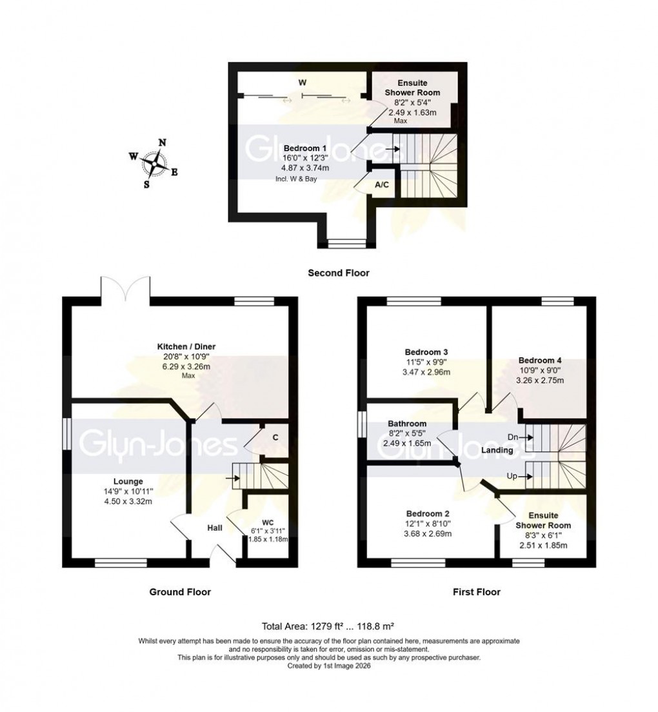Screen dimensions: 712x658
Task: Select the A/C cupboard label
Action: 382,185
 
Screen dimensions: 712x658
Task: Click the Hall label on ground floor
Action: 215,528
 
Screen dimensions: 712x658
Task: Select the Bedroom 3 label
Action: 426,352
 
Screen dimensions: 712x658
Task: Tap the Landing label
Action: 497,450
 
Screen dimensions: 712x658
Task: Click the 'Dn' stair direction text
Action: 514,437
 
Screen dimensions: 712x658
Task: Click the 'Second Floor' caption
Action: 339,273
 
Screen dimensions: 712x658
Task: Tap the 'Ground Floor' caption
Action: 180,591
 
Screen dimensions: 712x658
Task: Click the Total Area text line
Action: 328,625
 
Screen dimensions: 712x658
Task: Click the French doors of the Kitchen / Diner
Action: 126,287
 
